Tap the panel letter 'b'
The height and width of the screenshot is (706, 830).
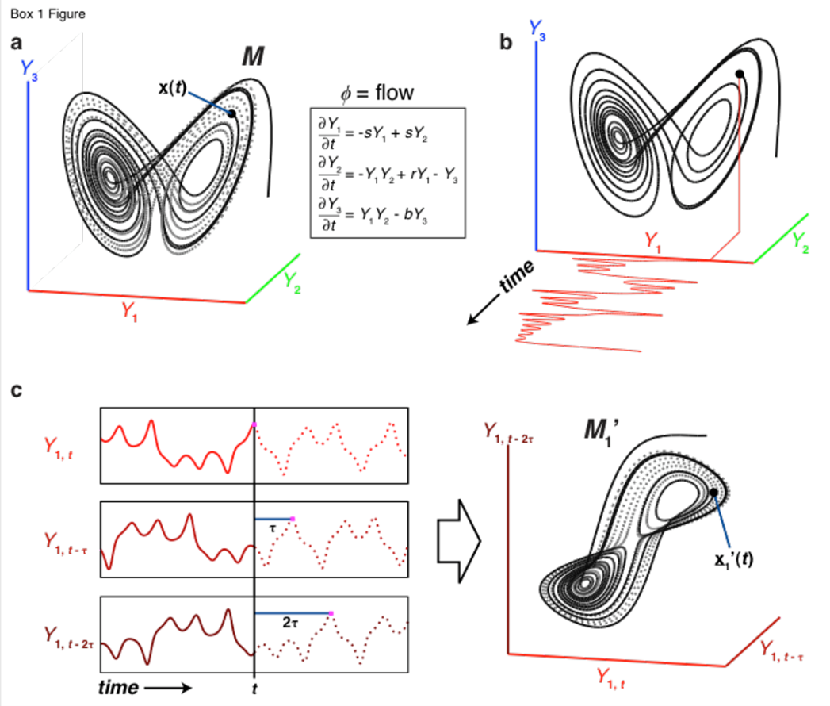tap(505, 43)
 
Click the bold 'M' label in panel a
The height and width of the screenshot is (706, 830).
tap(254, 57)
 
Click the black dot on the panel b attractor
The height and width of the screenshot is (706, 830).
tap(739, 74)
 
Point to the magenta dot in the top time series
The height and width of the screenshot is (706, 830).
tap(254, 425)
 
